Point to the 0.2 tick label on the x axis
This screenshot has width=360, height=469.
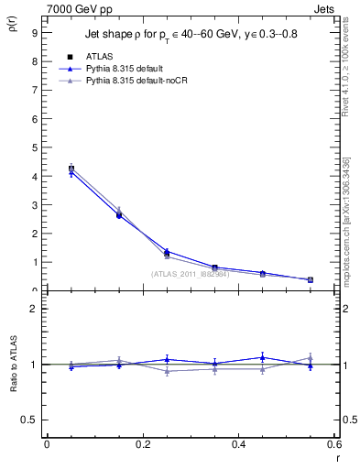143,444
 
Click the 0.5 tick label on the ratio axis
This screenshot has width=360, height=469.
29,420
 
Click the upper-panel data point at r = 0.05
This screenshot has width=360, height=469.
71,169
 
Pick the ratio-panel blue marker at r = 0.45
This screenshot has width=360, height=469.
262,357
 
